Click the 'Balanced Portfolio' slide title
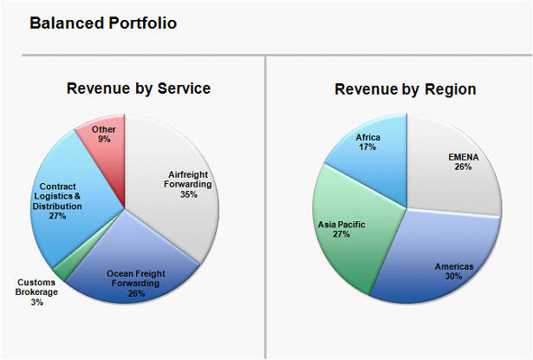click(x=103, y=23)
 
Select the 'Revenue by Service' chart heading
click(x=139, y=88)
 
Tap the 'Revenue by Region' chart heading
click(x=405, y=88)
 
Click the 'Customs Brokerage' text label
click(x=36, y=287)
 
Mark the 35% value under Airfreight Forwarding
click(x=189, y=194)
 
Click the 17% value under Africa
click(x=367, y=147)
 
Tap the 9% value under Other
click(x=104, y=140)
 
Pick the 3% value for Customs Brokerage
click(x=36, y=303)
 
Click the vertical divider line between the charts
click(x=265, y=208)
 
